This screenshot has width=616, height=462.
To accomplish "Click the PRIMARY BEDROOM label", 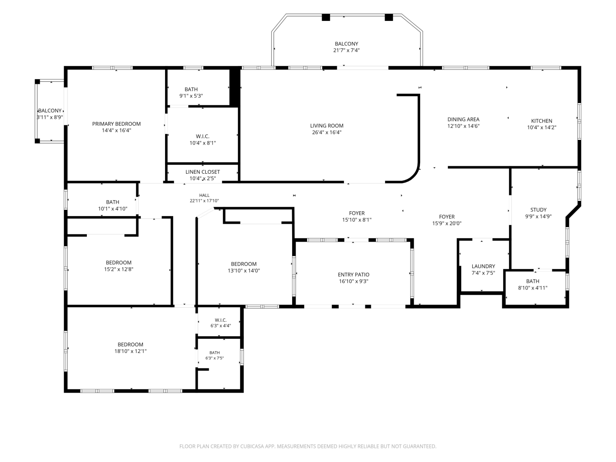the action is pyautogui.click(x=116, y=124).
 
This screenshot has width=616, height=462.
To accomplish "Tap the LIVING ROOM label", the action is pyautogui.click(x=326, y=126).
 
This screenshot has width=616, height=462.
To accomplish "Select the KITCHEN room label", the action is pyautogui.click(x=541, y=121).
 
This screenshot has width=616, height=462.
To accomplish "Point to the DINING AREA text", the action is pyautogui.click(x=463, y=119).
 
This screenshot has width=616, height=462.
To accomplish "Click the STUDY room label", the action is pyautogui.click(x=538, y=210).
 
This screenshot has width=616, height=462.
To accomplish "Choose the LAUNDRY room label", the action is pyautogui.click(x=483, y=266).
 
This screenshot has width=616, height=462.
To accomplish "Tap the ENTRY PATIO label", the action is pyautogui.click(x=353, y=274).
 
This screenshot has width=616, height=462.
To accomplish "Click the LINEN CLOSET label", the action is pyautogui.click(x=202, y=172).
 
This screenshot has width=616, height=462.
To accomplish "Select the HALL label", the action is pyautogui.click(x=204, y=195).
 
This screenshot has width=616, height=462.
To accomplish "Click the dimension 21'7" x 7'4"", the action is pyautogui.click(x=346, y=50).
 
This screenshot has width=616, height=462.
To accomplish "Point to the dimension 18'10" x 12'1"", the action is pyautogui.click(x=130, y=351).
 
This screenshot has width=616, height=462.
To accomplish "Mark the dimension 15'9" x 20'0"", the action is pyautogui.click(x=447, y=223).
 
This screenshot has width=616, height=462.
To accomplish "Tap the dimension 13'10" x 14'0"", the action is pyautogui.click(x=243, y=270).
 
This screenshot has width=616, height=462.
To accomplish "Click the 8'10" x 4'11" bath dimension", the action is pyautogui.click(x=533, y=287).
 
